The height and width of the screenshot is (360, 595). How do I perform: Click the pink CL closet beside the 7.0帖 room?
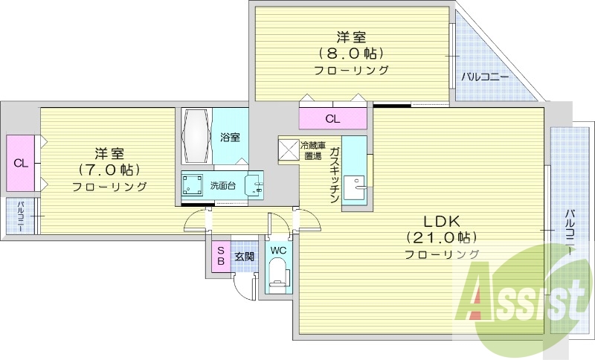[x=20, y=163]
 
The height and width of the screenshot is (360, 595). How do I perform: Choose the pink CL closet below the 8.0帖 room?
[x=332, y=118]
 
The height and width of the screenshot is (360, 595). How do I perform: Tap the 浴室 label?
[x=230, y=137]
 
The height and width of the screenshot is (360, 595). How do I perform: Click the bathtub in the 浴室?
[x=197, y=136]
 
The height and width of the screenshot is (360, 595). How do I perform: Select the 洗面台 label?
[x=222, y=186]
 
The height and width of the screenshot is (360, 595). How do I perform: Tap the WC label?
[x=278, y=251]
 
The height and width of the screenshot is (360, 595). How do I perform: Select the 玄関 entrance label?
[x=244, y=257]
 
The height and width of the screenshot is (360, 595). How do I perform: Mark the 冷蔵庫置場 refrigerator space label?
[x=311, y=151]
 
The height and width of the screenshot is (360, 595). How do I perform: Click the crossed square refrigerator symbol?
[x=288, y=149]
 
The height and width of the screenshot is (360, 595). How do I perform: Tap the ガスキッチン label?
[x=335, y=175]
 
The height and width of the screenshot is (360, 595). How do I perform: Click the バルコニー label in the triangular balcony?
[x=484, y=77]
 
